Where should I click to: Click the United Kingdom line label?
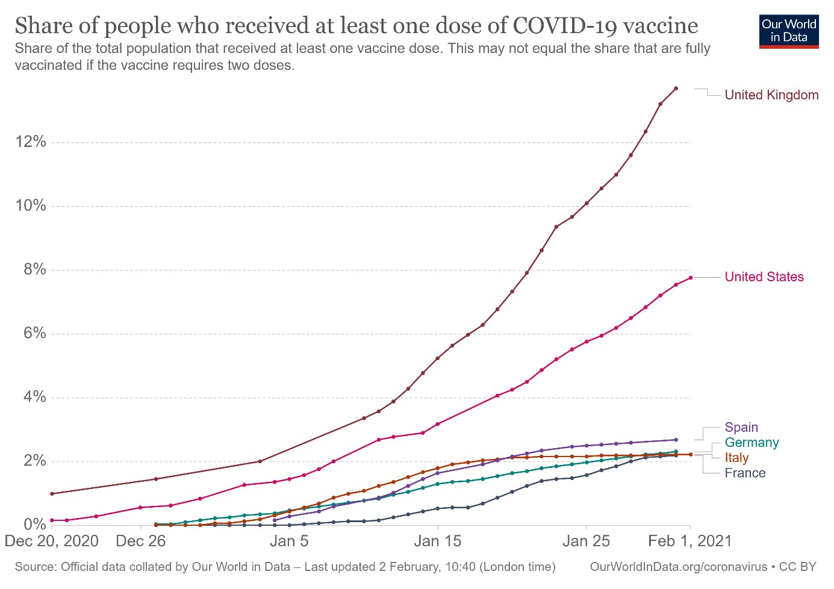click(771, 95)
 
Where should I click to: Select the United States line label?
click(764, 277)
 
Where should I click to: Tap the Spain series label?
click(741, 428)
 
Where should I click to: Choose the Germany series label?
click(752, 443)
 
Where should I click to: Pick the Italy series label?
click(736, 458)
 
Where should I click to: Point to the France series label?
click(745, 473)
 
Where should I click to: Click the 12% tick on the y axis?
click(31, 142)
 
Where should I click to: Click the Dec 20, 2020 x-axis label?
click(52, 541)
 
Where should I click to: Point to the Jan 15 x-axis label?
click(438, 541)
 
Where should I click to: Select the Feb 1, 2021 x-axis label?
click(689, 541)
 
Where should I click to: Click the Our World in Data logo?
click(789, 31)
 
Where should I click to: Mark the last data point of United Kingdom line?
click(676, 89)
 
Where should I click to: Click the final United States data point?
click(691, 278)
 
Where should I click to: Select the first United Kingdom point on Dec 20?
click(52, 494)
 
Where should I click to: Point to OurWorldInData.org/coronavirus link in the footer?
click(679, 567)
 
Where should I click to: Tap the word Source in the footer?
click(34, 567)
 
